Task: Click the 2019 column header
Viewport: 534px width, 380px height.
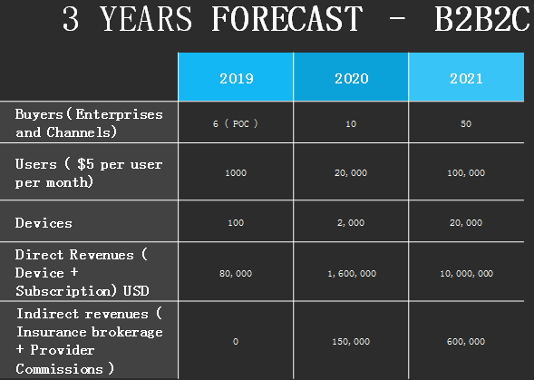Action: [x=237, y=78]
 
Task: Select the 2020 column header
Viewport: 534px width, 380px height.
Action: [x=352, y=78]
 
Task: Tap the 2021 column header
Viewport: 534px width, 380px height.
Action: [x=466, y=78]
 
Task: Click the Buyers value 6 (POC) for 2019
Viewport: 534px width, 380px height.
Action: [x=236, y=123]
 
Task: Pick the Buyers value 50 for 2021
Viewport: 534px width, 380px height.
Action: [x=466, y=123]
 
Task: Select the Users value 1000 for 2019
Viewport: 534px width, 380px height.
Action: [x=236, y=173]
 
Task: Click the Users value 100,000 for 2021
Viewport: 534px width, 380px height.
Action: [x=466, y=173]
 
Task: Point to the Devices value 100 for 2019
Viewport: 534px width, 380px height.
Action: [x=236, y=222]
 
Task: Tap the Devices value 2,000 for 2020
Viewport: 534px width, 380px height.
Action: [x=351, y=222]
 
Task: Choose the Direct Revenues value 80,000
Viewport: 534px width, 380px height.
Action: [x=236, y=273]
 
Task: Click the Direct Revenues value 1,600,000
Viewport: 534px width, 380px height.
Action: [x=352, y=273]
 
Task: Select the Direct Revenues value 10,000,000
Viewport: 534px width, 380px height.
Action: [x=466, y=273]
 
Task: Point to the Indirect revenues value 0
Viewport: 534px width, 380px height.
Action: [x=236, y=342]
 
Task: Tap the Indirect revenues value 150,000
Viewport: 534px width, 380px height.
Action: [x=351, y=342]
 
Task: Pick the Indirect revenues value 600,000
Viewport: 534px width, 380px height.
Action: [x=466, y=342]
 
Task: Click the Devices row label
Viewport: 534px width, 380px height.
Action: [x=44, y=223]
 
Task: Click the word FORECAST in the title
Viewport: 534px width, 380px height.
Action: [x=286, y=19]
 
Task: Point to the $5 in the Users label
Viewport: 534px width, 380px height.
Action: [x=85, y=164]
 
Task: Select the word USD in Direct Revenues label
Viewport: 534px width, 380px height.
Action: [x=136, y=291]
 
